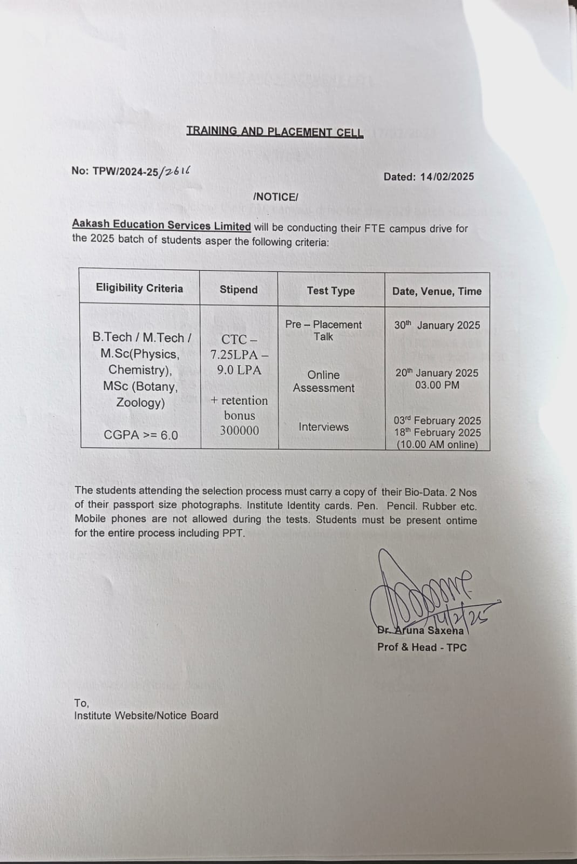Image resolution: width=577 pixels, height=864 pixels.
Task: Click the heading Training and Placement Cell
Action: tap(275, 132)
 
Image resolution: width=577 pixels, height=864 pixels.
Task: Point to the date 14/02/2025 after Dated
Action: tap(447, 177)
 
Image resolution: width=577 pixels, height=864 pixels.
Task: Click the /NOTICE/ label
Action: tap(275, 197)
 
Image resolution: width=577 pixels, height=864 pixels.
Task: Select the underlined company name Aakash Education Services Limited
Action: tap(161, 226)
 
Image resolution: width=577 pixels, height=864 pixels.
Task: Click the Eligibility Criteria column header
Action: tap(139, 288)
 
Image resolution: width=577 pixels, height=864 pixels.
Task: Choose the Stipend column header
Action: tap(239, 289)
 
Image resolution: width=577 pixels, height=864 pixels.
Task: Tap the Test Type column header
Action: tap(331, 291)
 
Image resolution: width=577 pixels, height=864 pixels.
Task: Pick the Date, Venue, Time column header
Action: tap(437, 292)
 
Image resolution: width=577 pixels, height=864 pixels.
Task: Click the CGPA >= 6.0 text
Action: tap(140, 435)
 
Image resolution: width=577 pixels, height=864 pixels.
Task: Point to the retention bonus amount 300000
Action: tap(239, 430)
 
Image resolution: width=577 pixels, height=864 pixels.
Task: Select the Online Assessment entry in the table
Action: tap(324, 381)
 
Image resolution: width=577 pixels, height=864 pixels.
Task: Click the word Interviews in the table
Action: tap(324, 427)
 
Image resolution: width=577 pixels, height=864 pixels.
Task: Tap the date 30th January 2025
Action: tap(437, 326)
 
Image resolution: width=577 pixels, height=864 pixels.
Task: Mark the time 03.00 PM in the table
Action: tap(437, 385)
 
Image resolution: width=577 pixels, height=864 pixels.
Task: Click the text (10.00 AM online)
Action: tap(437, 445)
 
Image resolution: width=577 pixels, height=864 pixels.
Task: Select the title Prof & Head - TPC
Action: tap(422, 647)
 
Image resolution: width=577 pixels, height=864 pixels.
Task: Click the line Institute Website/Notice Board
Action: tap(146, 715)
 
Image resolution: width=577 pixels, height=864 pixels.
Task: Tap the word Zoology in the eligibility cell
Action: tap(140, 403)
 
